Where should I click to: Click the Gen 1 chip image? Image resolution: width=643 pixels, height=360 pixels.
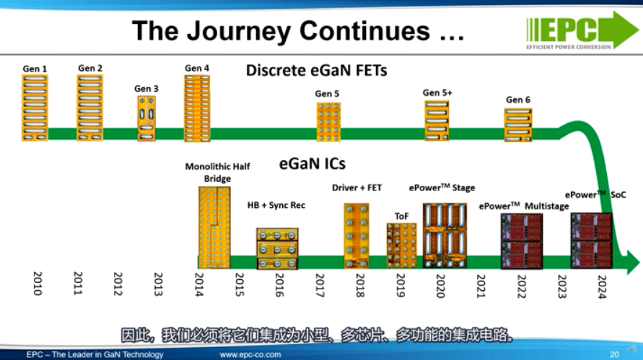tap(35, 107)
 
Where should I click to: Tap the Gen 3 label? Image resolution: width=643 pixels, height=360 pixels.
tap(146, 89)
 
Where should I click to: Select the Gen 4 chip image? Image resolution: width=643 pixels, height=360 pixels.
tap(197, 108)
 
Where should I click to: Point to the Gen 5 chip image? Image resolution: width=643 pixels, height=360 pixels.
tap(328, 122)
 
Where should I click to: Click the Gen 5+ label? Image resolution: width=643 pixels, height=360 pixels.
tap(437, 93)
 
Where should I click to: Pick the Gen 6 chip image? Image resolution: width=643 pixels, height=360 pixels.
tap(518, 125)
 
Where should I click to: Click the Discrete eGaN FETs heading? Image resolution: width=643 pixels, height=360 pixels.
tap(316, 71)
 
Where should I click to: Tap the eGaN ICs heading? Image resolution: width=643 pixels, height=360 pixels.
tap(312, 164)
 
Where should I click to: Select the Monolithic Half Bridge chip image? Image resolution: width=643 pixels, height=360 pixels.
tap(214, 227)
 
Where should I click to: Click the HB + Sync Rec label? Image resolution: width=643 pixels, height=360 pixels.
tap(276, 205)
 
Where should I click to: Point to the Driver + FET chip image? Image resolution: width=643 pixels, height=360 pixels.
tap(357, 236)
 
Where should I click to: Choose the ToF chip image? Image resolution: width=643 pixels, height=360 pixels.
tap(401, 245)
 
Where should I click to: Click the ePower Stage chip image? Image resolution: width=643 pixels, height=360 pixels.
tap(445, 236)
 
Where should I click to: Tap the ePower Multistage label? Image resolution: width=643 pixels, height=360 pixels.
tap(524, 206)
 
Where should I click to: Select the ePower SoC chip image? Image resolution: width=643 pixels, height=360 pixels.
tap(591, 241)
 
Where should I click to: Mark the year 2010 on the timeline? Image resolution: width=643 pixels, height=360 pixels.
tap(38, 284)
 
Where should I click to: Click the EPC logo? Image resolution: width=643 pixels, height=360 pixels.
tap(582, 30)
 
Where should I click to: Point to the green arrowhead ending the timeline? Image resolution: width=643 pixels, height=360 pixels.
tap(632, 262)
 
